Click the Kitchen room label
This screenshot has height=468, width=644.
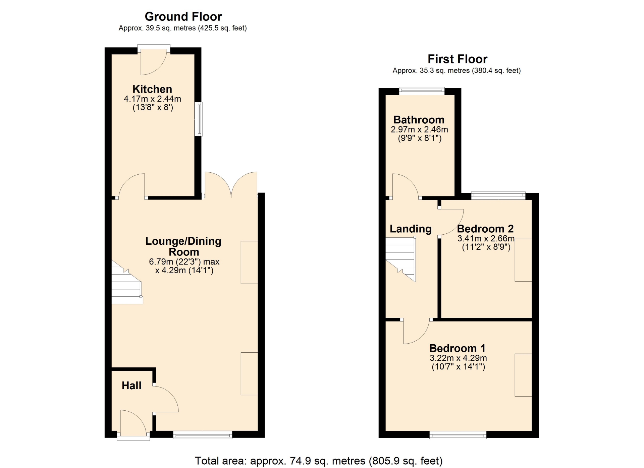coord(152,89)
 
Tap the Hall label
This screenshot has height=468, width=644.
coord(131,386)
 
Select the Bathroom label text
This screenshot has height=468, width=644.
coord(419,120)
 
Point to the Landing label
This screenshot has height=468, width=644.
coord(411,229)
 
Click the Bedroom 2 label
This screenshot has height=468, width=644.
coord(485,229)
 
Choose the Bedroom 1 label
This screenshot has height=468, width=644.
coord(458,348)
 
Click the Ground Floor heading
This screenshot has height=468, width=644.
coord(183,16)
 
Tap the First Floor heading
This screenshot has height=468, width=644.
coord(458,59)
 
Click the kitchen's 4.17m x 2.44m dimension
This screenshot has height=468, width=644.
coord(153,99)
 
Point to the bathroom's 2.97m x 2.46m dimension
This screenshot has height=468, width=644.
coord(419,129)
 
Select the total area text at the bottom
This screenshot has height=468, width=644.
coord(319,461)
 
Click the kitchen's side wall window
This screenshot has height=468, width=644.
coord(199,119)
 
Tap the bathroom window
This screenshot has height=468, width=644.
coord(422,91)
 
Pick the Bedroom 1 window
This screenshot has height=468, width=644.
coord(458,435)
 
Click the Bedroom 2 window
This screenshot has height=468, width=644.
coord(498,195)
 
